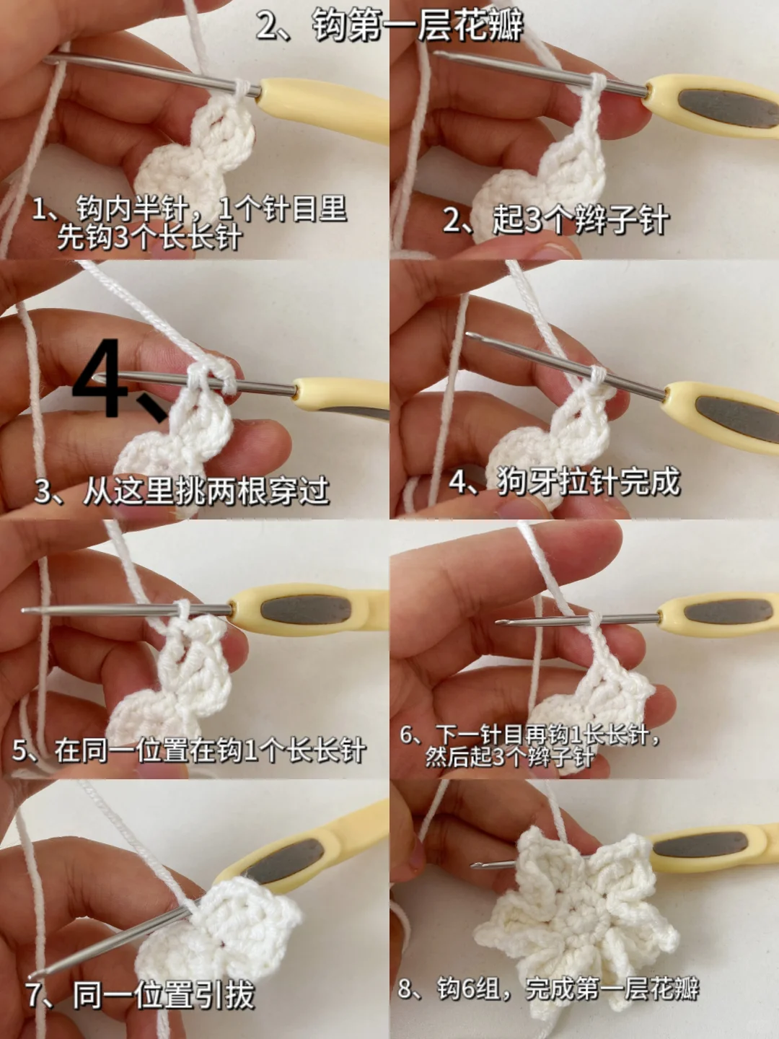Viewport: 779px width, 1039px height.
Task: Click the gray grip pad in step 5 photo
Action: click(306, 609)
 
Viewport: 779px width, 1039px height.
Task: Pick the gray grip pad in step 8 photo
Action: click(700, 844)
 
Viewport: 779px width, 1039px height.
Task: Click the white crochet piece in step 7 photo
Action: click(224, 931)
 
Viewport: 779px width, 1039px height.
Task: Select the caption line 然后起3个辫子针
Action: click(509, 757)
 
